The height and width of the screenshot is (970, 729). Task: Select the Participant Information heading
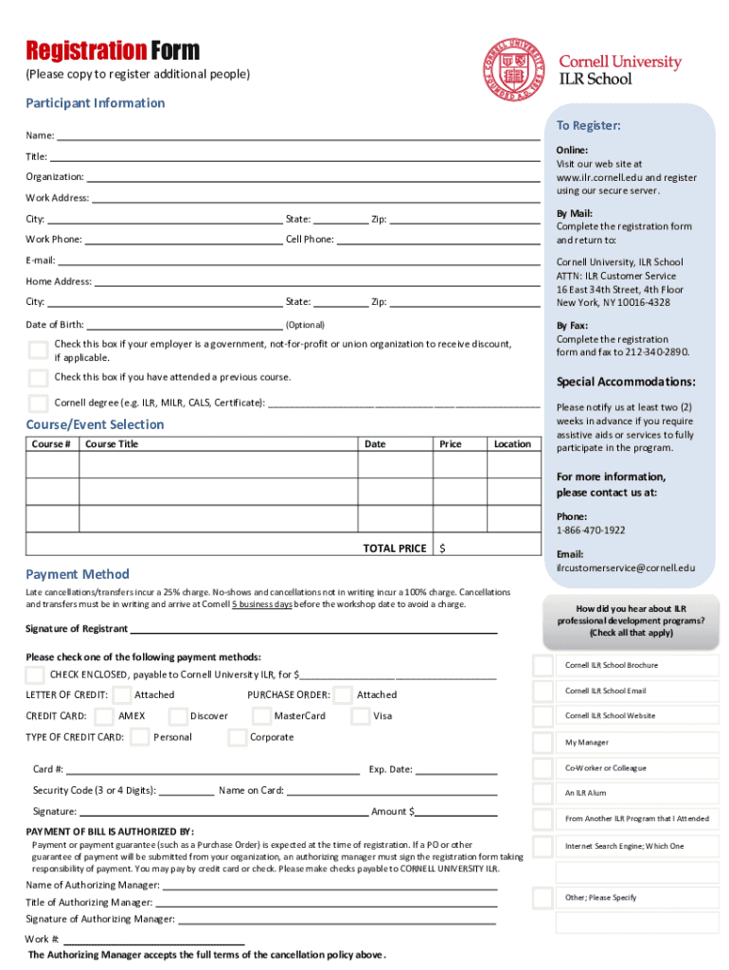tap(95, 102)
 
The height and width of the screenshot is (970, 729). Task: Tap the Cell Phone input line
tap(438, 239)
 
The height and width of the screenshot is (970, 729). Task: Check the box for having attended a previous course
tap(38, 378)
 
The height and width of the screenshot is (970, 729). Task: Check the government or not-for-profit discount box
tap(38, 350)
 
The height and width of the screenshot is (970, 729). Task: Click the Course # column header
tap(50, 444)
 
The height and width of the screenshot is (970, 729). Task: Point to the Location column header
tap(512, 444)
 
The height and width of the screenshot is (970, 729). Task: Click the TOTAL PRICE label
tap(394, 548)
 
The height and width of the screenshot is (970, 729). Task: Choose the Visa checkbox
tap(360, 716)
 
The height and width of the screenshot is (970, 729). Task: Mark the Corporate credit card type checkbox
tap(238, 737)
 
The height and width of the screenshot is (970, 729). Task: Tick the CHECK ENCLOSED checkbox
tap(35, 674)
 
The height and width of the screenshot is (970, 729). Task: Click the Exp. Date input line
tap(456, 770)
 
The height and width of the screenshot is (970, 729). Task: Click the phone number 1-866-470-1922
tap(591, 530)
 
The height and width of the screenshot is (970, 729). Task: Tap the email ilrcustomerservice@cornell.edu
tap(625, 568)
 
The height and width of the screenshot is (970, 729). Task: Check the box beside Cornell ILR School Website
tap(542, 716)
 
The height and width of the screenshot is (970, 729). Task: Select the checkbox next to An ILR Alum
tap(542, 793)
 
